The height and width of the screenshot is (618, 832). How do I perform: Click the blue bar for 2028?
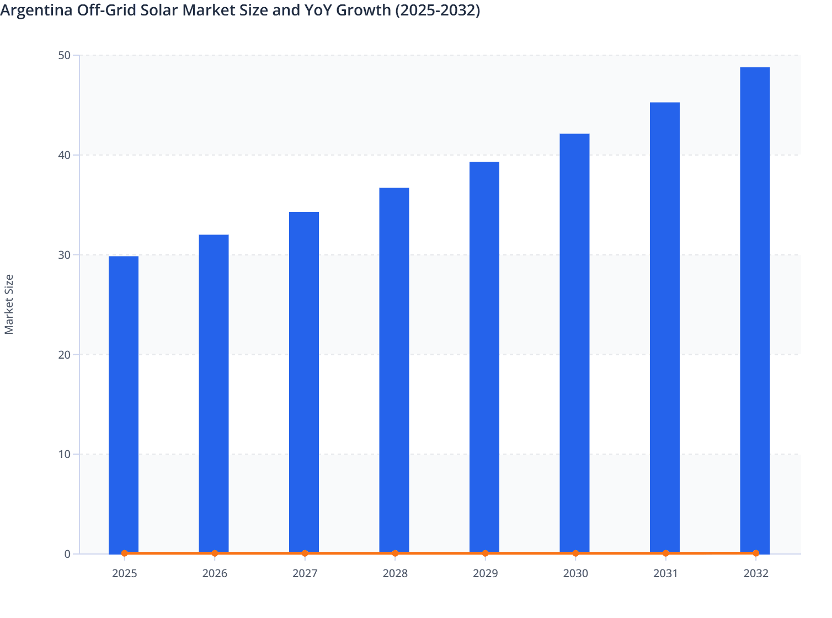coord(394,370)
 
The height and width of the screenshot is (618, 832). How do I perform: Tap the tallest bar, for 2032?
coord(755,310)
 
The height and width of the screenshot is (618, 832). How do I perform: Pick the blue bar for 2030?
coord(574,343)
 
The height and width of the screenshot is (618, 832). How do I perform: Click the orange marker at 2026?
coord(215,553)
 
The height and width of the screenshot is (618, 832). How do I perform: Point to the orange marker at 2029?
coord(485,553)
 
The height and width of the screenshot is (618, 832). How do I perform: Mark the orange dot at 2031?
coord(665,553)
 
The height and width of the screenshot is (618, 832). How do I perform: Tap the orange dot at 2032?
coord(756,553)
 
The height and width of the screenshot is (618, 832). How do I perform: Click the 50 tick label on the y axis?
coord(64,55)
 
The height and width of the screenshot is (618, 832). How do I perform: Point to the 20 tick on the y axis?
coord(64,355)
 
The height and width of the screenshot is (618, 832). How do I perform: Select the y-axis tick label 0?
coord(67,554)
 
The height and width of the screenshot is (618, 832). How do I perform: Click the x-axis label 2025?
coord(124,574)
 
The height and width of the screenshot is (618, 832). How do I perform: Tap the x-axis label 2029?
coord(485,574)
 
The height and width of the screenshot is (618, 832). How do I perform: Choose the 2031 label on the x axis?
coord(665,574)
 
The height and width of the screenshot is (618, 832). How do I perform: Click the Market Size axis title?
coord(9,304)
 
